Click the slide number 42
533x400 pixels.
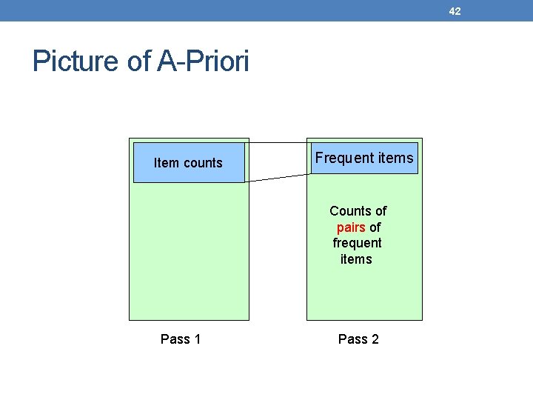tap(455, 11)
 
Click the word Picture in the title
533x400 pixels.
tap(77, 61)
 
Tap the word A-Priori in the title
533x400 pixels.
tap(204, 61)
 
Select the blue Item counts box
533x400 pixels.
tap(188, 163)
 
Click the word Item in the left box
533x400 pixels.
tap(165, 163)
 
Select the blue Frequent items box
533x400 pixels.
tap(364, 158)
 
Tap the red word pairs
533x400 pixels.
tap(350, 227)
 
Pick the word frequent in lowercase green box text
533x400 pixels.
tap(357, 243)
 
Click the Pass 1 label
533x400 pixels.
tap(181, 339)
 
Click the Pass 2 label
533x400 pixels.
tap(358, 339)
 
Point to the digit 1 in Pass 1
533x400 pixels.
tap(197, 339)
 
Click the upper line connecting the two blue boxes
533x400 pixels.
tap(278, 142)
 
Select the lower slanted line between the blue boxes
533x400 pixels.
tap(278, 178)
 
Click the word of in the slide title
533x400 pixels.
tap(139, 61)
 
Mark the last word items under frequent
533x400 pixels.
tap(356, 259)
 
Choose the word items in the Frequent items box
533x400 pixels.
tap(395, 158)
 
